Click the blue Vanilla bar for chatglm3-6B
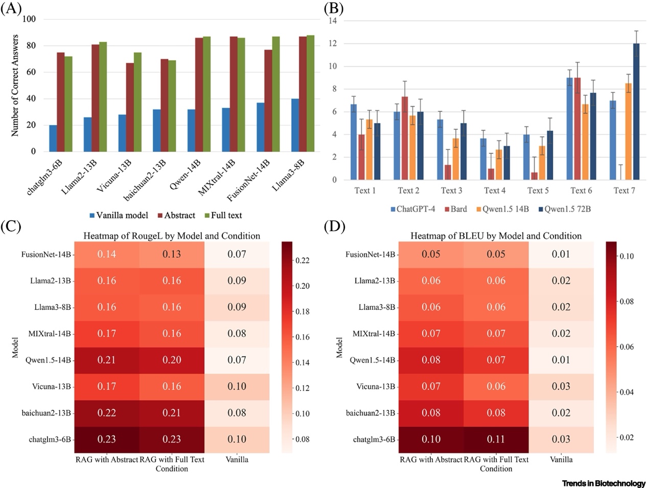(53, 138)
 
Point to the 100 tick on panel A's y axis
(30, 19)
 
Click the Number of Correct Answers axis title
(15, 85)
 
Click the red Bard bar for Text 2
(405, 138)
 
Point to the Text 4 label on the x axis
(494, 190)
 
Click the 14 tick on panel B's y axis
(333, 21)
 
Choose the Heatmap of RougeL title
(172, 236)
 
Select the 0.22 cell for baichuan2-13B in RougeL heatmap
(106, 413)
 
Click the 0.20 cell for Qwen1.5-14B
(172, 360)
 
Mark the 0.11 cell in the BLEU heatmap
(496, 440)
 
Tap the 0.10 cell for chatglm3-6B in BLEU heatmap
(431, 440)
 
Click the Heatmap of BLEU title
(496, 236)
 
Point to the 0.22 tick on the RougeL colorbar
(302, 261)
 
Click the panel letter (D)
(335, 227)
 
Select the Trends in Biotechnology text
(604, 483)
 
